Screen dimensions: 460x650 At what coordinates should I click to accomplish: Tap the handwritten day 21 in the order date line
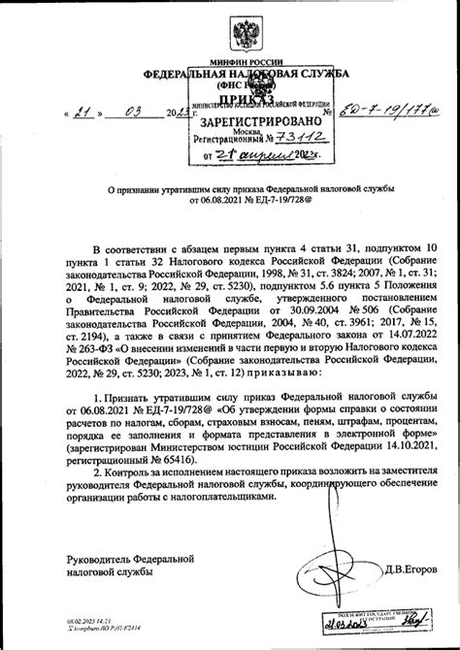tap(85, 111)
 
